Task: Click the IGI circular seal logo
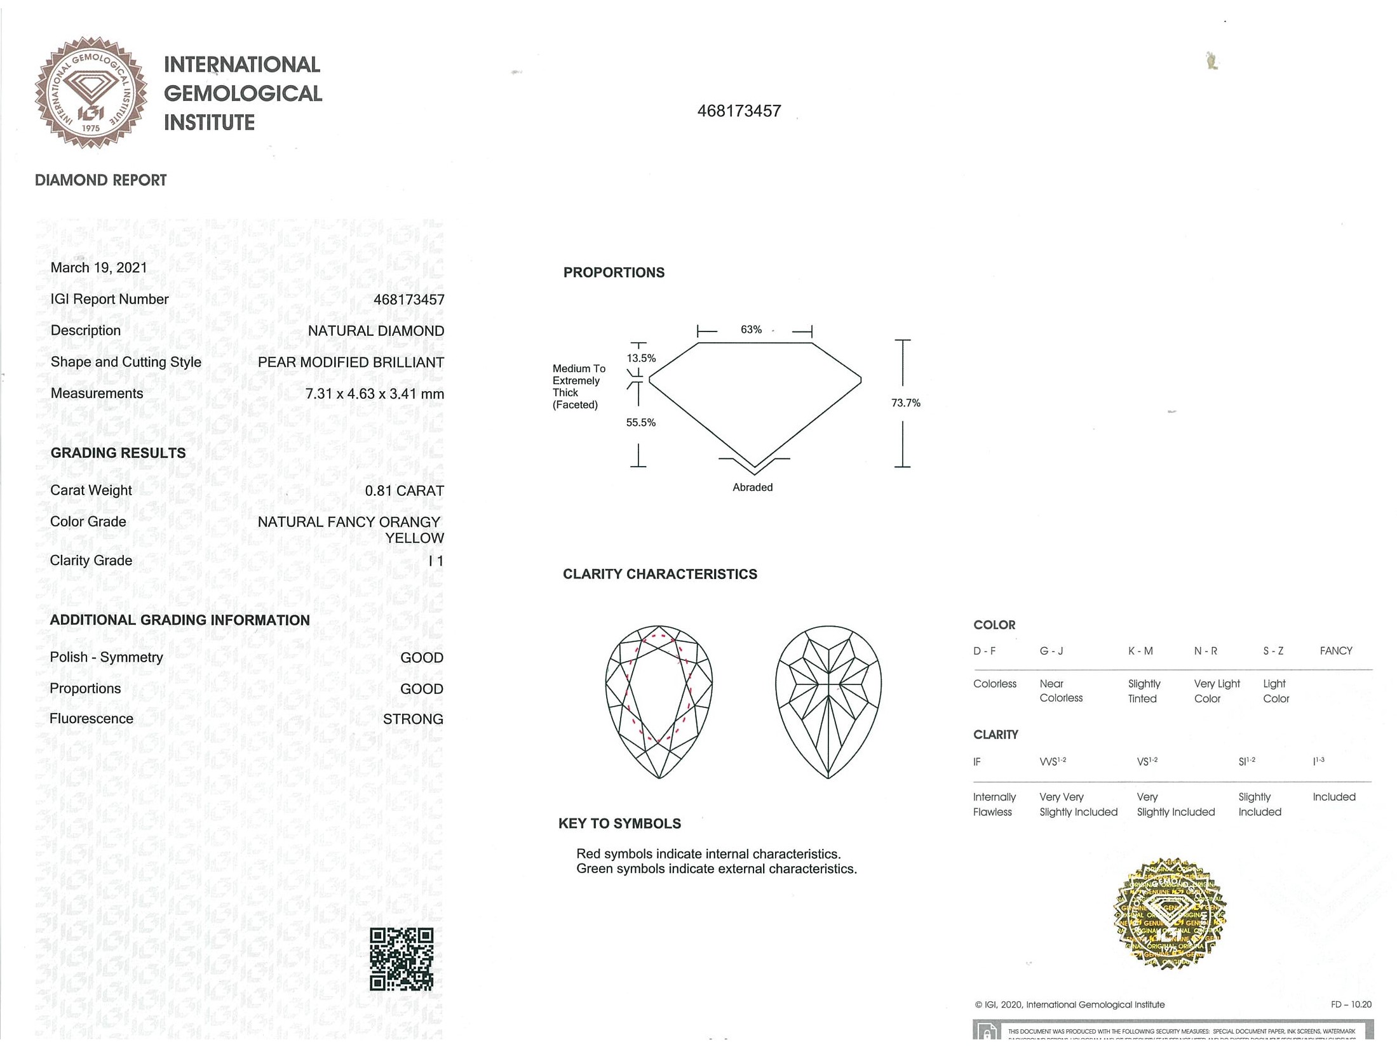pos(91,93)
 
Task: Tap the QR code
pos(402,959)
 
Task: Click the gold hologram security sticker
pos(1170,915)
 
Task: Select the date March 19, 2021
pos(98,268)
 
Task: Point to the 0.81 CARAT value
pos(404,491)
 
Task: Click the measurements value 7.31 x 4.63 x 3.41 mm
pos(374,394)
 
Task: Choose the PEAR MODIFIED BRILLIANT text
pos(351,363)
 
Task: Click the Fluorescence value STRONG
pos(413,719)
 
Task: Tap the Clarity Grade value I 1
pos(436,561)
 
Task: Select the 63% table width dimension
pos(751,330)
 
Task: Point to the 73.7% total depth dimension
pos(905,403)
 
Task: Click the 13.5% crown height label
pos(641,358)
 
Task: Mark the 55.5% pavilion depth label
pos(640,422)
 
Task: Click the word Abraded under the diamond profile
pos(752,487)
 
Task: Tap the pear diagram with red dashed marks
pos(659,702)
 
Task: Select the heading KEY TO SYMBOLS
pos(619,824)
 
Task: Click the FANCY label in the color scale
pos(1335,651)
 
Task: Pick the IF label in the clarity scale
pos(976,761)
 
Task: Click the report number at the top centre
pos(739,111)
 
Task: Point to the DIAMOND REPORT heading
pos(100,180)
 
